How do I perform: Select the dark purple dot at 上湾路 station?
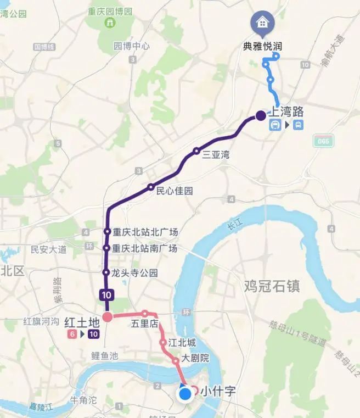click(x=261, y=116)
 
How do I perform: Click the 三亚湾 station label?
click(x=216, y=155)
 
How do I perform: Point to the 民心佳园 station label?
click(x=175, y=191)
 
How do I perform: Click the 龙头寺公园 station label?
click(x=135, y=273)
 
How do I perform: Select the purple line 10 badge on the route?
click(x=106, y=294)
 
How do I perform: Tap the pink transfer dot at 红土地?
click(x=108, y=316)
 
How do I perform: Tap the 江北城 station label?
click(x=182, y=343)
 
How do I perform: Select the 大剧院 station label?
click(x=196, y=359)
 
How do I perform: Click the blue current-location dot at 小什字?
click(x=185, y=393)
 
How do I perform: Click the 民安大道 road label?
click(x=48, y=250)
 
